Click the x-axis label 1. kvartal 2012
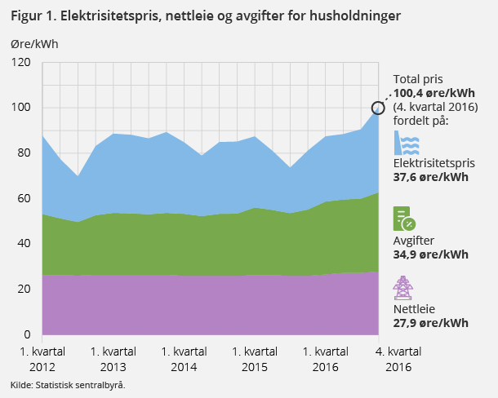[42, 359]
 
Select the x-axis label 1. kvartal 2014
[183, 359]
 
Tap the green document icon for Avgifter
[404, 219]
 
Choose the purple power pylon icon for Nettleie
[402, 290]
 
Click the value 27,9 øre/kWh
[430, 323]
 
